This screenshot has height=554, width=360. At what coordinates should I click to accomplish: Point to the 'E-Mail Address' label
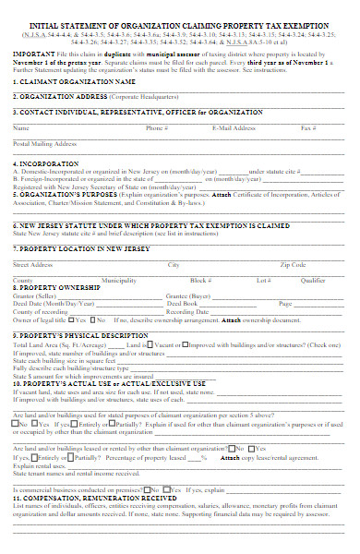(234, 128)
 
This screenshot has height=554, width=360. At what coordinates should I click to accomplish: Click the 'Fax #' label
(309, 128)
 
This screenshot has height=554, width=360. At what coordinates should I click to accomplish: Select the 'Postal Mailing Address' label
(45, 144)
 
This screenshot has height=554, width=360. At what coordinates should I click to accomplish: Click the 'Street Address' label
(33, 264)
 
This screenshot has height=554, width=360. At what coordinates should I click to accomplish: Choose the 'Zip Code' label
(293, 264)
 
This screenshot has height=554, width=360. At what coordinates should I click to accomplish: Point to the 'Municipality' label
(119, 280)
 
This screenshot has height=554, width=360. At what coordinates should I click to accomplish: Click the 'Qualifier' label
(313, 280)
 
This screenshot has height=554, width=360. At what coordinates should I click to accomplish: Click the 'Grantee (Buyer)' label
(189, 295)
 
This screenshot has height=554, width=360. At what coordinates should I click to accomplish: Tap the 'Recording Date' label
(187, 311)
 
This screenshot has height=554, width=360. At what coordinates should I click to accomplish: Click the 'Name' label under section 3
(21, 128)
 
